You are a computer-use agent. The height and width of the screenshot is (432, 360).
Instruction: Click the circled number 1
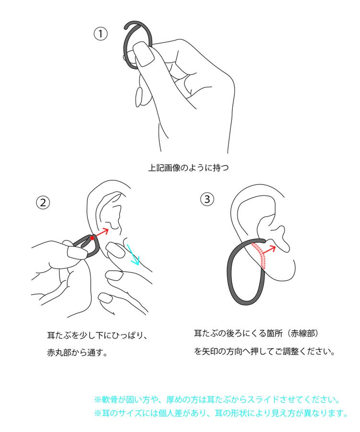pyautogui.click(x=100, y=34)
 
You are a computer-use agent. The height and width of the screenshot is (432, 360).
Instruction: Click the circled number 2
pyautogui.click(x=43, y=203)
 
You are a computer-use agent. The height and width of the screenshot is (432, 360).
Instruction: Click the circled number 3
pyautogui.click(x=207, y=199)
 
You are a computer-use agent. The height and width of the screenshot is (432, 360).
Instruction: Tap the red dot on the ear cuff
pyautogui.click(x=92, y=238)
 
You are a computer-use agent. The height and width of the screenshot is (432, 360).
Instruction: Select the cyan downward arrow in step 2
pyautogui.click(x=133, y=254)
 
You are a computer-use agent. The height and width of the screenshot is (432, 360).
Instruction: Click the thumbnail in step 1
pyautogui.click(x=144, y=54)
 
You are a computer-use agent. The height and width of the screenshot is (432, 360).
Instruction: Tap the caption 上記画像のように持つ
pyautogui.click(x=189, y=168)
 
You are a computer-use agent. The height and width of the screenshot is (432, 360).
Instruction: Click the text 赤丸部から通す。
pyautogui.click(x=77, y=352)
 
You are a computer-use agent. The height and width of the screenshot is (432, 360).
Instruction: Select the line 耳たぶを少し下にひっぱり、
pyautogui.click(x=97, y=336)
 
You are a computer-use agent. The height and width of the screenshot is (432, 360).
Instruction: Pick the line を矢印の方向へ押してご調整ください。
pyautogui.click(x=264, y=351)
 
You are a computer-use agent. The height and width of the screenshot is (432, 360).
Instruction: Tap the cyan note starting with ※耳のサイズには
pyautogui.click(x=221, y=413)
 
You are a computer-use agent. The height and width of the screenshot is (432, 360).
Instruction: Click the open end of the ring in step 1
pyautogui.click(x=126, y=27)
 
